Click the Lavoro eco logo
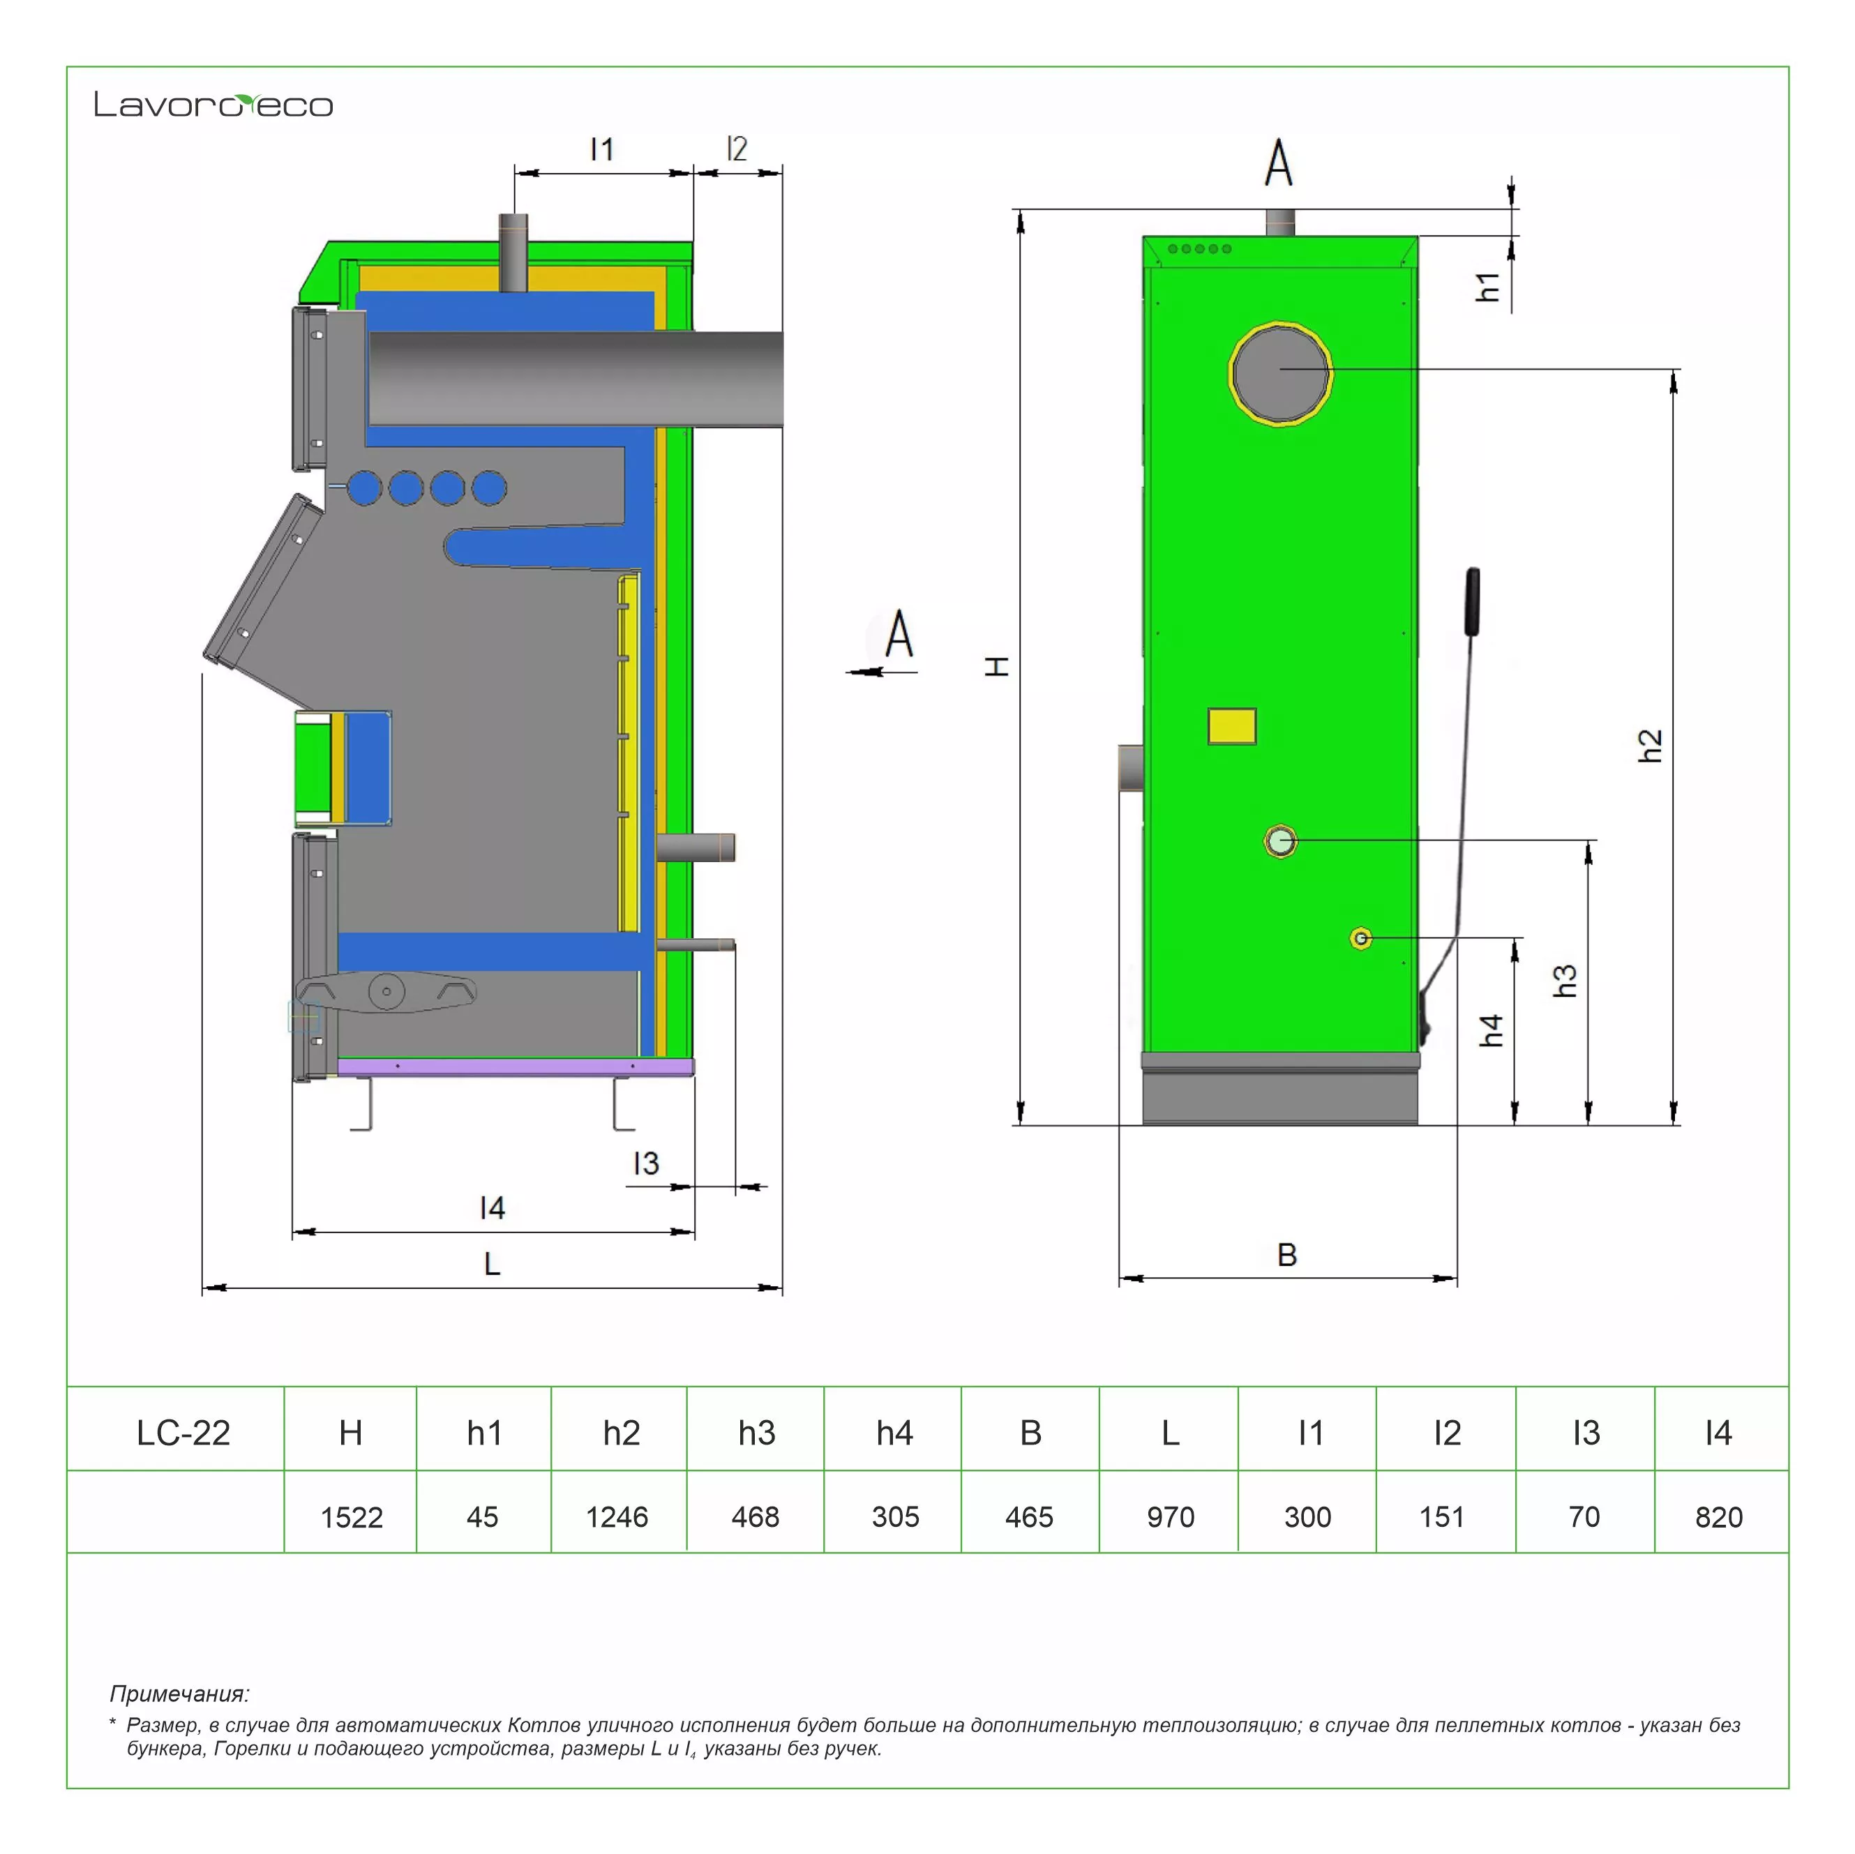click(213, 104)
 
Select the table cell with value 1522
click(352, 1517)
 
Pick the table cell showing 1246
click(617, 1517)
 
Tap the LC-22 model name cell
click(183, 1433)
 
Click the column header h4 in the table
click(894, 1433)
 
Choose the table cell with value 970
click(1171, 1517)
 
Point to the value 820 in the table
click(1719, 1517)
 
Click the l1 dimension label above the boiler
click(602, 150)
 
